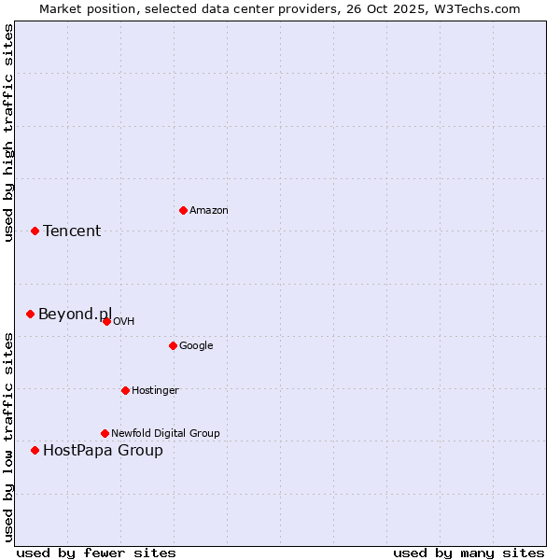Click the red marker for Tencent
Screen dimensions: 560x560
[35, 231]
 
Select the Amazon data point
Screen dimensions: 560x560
[183, 210]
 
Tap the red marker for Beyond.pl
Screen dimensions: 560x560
[30, 314]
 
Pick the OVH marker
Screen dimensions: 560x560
[106, 321]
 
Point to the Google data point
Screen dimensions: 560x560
[173, 345]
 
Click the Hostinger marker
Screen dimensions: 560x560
[125, 390]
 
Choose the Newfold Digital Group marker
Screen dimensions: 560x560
[105, 433]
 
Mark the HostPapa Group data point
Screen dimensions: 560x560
[35, 450]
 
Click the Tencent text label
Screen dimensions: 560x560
[72, 231]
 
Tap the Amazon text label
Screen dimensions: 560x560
[209, 211]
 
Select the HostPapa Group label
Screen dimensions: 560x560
[103, 451]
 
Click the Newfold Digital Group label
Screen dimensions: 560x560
[165, 433]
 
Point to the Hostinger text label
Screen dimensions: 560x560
[155, 390]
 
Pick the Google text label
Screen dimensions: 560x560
[196, 346]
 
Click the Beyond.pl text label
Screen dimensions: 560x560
[75, 315]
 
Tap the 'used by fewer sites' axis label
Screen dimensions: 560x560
[96, 553]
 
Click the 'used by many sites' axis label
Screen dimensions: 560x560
[469, 553]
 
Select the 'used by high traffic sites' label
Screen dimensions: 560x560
[8, 133]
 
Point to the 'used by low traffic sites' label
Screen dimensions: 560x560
[8, 436]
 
